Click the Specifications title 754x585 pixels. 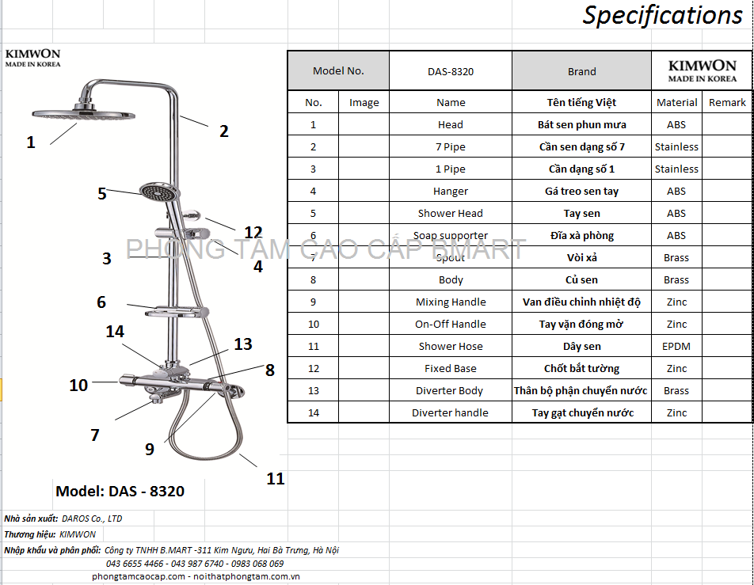(662, 15)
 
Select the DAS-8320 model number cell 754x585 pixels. (450, 71)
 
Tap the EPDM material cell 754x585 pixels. (676, 346)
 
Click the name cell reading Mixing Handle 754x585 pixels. (451, 302)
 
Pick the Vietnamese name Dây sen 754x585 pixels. (581, 346)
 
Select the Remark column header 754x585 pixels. (727, 102)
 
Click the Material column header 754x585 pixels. (676, 102)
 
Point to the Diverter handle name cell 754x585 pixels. (450, 412)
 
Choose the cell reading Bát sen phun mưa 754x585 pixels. (581, 124)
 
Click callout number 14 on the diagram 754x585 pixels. (115, 332)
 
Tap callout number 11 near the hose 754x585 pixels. (275, 478)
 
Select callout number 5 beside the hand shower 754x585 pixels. (101, 193)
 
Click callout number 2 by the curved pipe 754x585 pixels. (223, 131)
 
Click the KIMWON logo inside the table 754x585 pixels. (702, 70)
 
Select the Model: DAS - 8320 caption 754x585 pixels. (120, 491)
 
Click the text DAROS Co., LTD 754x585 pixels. (92, 519)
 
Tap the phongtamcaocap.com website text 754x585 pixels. (138, 576)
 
